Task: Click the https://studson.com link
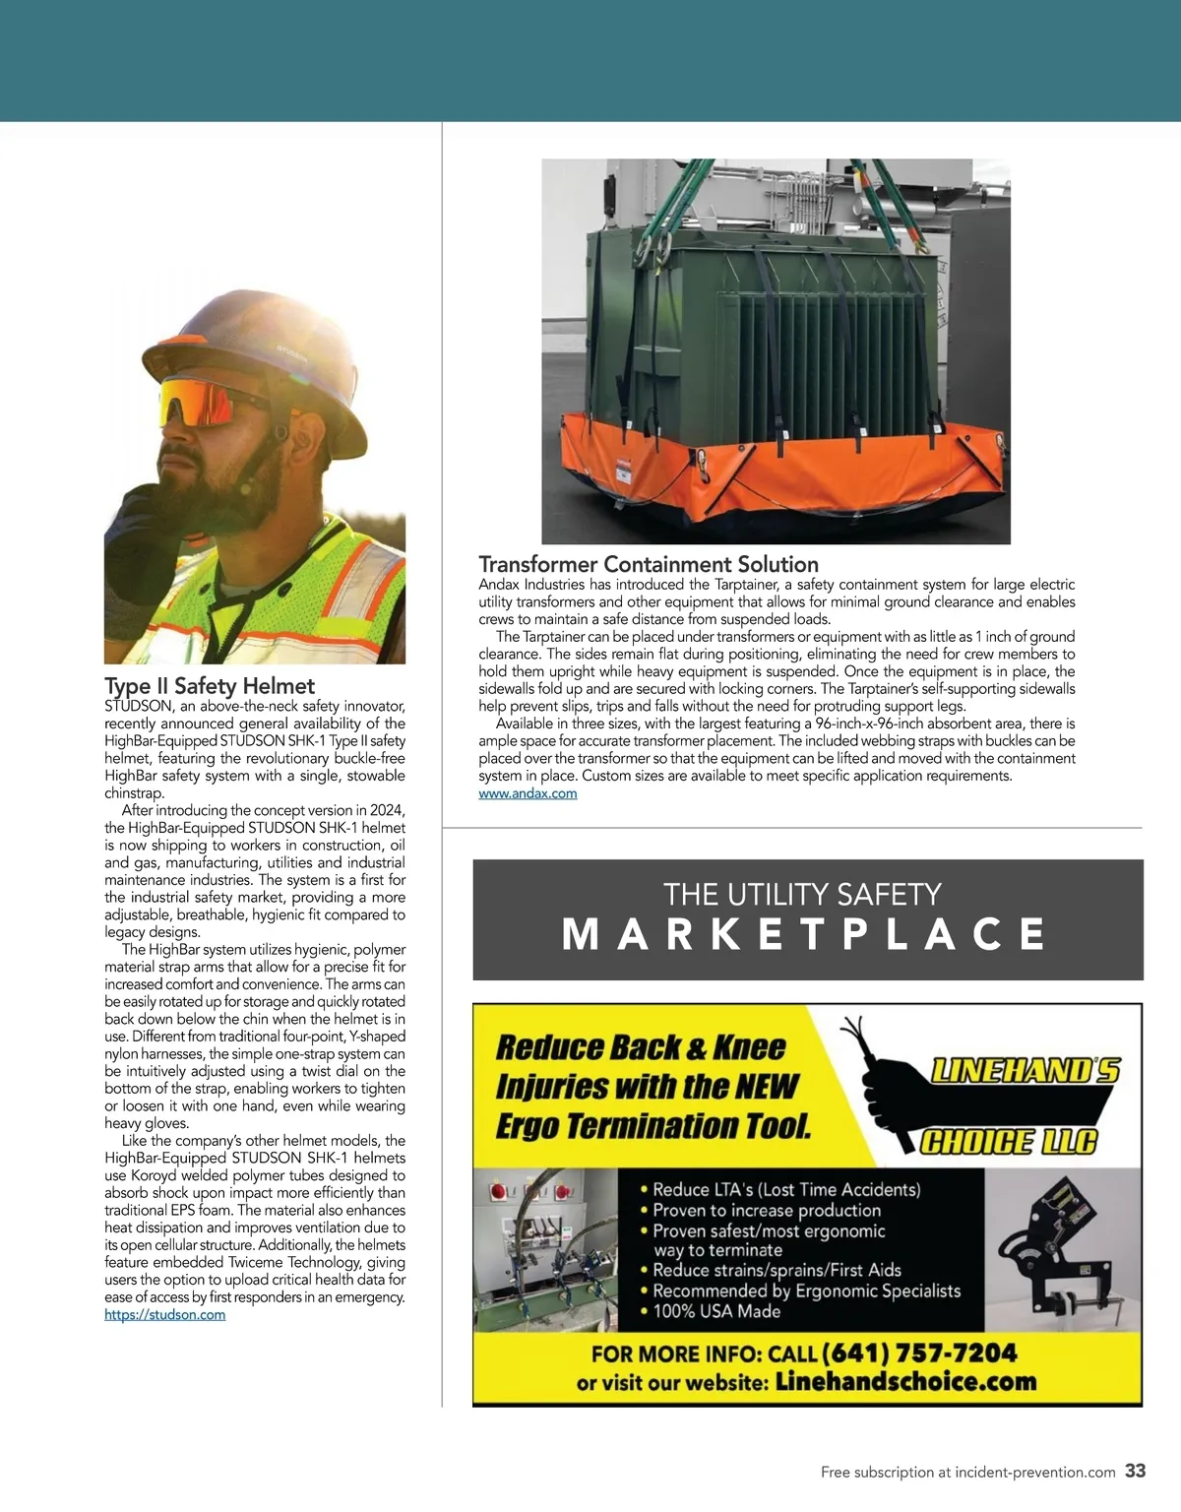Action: (164, 1315)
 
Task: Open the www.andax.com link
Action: (528, 793)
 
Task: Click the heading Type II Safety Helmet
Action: (210, 686)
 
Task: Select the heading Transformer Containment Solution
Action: (649, 564)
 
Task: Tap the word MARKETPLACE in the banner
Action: (804, 934)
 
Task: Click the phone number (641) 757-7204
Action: (918, 1354)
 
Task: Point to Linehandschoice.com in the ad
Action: (905, 1381)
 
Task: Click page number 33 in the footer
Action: (1136, 1471)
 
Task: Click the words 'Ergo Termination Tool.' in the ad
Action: (653, 1126)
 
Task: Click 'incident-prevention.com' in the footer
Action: (1034, 1473)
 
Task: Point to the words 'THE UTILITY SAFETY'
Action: (802, 894)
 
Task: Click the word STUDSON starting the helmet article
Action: (138, 706)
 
